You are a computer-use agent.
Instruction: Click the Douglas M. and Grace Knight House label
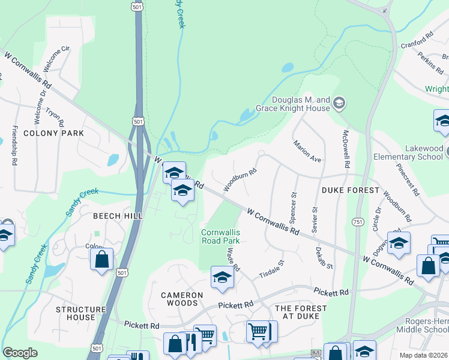pos(301,104)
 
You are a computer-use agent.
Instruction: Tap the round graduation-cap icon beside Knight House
pos(339,103)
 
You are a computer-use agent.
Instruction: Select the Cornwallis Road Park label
pos(220,236)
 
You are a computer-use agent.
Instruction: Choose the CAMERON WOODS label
pos(182,295)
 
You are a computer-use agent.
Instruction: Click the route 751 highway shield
pos(357,222)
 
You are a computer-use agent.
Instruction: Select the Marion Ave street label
pos(307,151)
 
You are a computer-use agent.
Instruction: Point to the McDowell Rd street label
pos(346,148)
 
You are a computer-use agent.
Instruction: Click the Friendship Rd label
pos(13,146)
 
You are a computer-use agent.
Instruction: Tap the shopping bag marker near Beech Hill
pos(101,259)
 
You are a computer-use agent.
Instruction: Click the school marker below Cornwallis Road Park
pos(222,278)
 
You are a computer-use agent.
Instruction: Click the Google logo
pos(20,353)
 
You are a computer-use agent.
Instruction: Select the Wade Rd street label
pos(233,260)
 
